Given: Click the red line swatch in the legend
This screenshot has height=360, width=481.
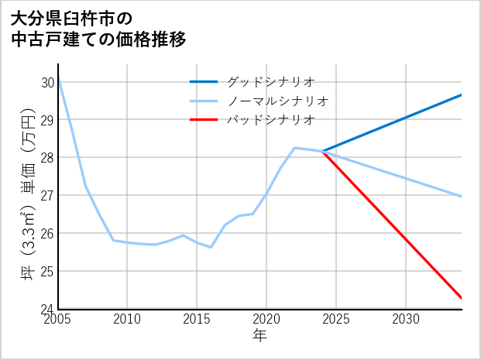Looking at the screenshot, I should click(x=204, y=119).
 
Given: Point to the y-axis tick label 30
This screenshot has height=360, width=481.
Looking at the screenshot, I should click(x=47, y=82).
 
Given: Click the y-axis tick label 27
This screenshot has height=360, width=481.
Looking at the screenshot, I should click(x=47, y=195).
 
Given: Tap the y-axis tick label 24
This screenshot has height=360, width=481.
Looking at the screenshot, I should click(x=47, y=309).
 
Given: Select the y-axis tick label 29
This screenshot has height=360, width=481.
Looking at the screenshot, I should click(x=47, y=120).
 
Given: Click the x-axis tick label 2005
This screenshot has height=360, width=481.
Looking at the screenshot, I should click(x=58, y=319).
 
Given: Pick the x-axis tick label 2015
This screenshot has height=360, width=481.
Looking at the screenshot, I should click(x=197, y=319).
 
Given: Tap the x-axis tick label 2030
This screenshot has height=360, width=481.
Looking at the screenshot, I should click(x=406, y=319).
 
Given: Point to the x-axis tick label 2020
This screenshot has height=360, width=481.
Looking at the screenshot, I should click(x=266, y=319).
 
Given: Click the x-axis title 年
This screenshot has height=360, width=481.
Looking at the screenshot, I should click(x=260, y=335).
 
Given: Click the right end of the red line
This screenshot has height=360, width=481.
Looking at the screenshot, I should click(x=462, y=298).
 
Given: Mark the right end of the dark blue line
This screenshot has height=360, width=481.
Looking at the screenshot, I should click(x=462, y=94).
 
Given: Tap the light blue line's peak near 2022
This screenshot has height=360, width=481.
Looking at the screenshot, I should click(x=294, y=148).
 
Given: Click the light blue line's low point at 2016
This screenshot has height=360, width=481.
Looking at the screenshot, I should click(x=211, y=247).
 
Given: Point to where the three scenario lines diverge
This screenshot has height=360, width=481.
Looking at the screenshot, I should click(x=322, y=151).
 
